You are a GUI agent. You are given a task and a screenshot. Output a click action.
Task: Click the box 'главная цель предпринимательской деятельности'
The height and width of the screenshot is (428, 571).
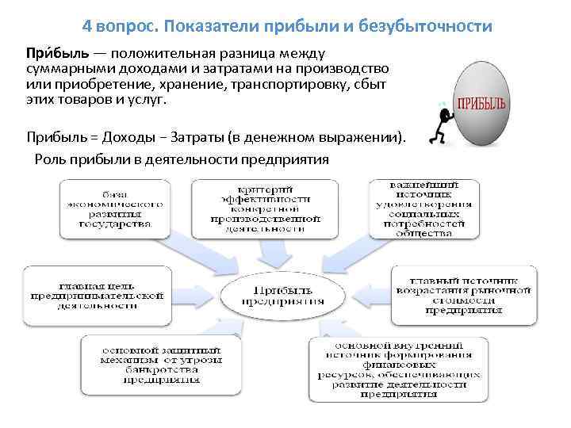96,295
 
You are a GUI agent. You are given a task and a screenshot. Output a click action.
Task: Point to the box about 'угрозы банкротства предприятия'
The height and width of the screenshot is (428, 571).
161,364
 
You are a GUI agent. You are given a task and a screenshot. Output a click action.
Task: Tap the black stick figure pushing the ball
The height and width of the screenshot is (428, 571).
438,127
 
